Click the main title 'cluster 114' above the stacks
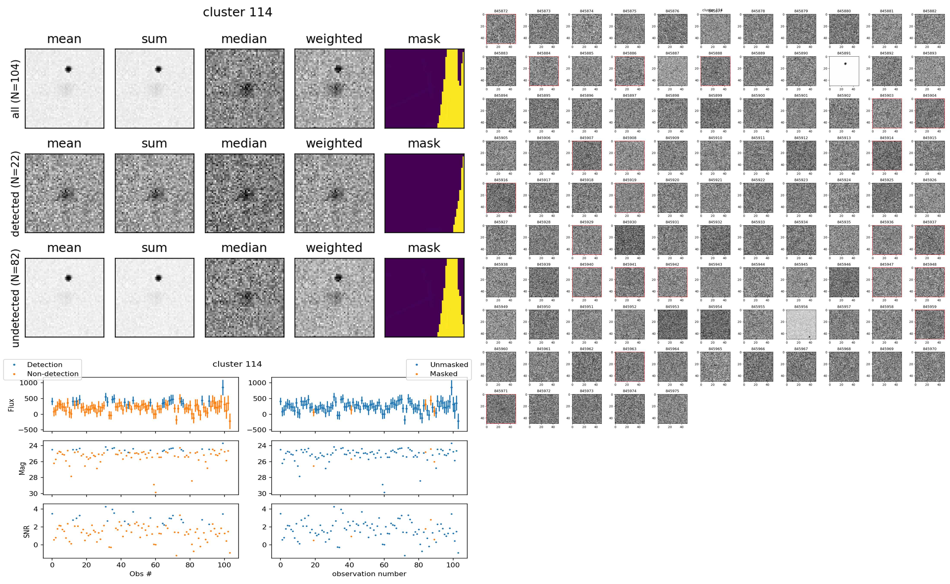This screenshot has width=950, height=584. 237,12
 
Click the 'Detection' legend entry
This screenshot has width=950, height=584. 44,365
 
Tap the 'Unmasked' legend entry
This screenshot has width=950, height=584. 449,365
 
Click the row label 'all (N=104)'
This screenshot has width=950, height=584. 16,89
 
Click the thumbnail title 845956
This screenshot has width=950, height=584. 801,307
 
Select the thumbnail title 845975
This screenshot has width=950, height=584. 672,391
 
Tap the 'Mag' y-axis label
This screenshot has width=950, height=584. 22,468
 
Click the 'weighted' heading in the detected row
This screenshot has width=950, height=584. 334,143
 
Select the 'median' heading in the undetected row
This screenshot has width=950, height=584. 244,248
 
